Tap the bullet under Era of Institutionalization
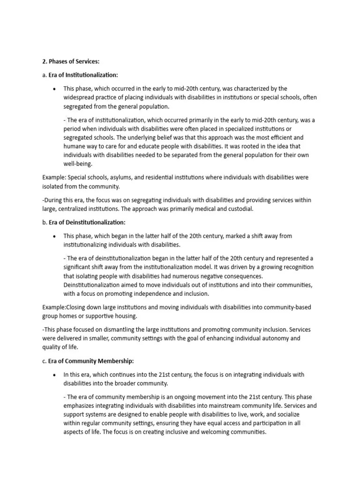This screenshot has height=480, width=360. (55, 89)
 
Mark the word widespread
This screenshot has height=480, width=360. (79, 97)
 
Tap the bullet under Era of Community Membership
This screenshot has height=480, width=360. (55, 375)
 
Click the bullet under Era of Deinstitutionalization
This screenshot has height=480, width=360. (55, 236)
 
